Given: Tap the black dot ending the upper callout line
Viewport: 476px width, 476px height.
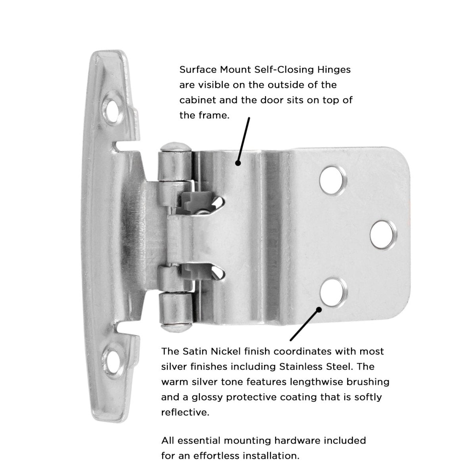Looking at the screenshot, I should [x=238, y=163].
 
